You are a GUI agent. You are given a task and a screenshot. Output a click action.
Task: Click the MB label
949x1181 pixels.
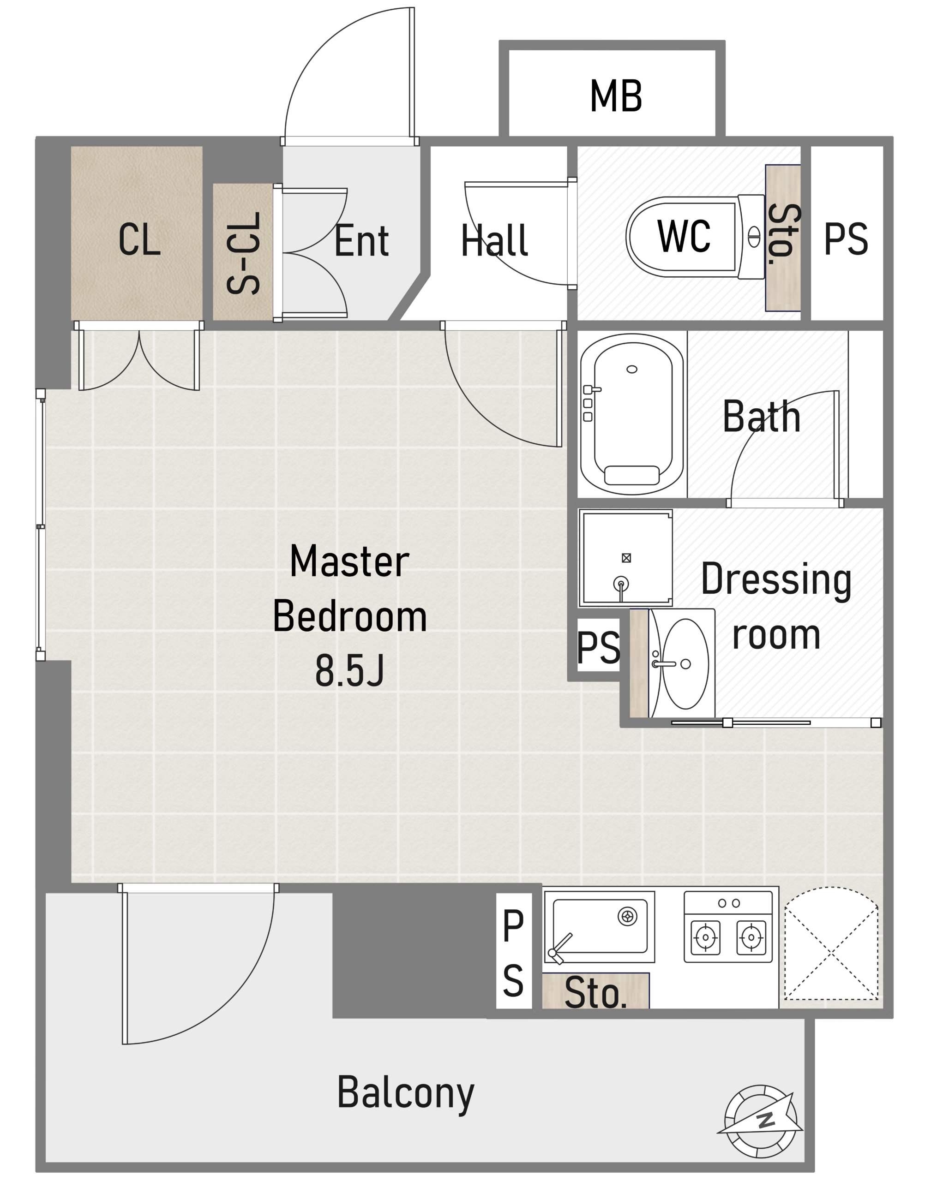tap(616, 96)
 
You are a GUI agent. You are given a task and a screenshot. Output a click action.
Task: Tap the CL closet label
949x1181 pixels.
tap(139, 239)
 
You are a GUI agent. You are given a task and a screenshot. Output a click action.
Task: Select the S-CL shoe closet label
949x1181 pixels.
tap(243, 253)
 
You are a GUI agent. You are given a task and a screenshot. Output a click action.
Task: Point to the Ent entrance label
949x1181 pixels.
tap(361, 240)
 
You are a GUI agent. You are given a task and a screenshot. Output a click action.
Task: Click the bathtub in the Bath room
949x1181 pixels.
tap(632, 414)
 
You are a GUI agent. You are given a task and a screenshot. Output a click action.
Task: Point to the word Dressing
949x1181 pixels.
tap(776, 580)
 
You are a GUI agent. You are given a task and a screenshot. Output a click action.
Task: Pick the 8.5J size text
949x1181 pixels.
tap(349, 671)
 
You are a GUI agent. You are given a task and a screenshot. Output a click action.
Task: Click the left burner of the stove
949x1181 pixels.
tap(705, 938)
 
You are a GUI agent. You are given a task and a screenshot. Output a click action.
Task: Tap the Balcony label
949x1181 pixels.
tap(405, 1096)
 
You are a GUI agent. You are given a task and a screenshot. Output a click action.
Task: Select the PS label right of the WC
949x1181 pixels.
tap(846, 239)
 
